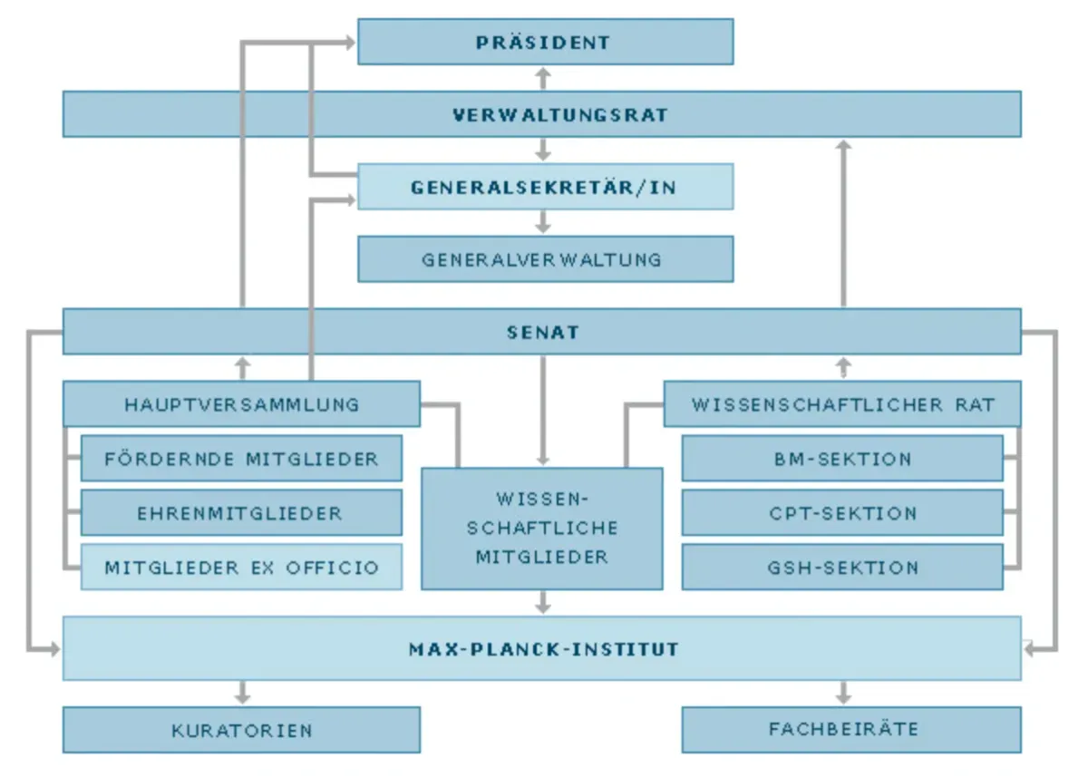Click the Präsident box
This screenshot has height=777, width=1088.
coord(545,42)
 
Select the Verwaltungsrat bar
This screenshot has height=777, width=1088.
coord(541,114)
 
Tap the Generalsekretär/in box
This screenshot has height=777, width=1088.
coord(545,187)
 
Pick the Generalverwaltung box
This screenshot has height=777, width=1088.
coord(545,259)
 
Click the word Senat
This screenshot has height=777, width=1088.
coord(542,332)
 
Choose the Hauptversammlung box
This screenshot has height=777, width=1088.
coord(241,404)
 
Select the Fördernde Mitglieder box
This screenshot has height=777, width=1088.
coord(241,459)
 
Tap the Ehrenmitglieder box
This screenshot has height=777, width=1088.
coord(241,513)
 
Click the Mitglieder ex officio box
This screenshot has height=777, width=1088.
coord(241,568)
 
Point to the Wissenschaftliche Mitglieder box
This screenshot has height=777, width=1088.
coord(542,528)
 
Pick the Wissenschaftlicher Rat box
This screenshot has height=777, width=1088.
coord(842,404)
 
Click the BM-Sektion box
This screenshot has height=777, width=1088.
coord(842,459)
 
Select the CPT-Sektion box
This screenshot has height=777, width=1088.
coord(842,513)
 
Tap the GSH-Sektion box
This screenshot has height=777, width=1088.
coord(842,568)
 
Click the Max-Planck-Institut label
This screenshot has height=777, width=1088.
coord(542,649)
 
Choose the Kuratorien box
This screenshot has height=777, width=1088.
coord(241,730)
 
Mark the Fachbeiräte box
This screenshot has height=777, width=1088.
coord(842,730)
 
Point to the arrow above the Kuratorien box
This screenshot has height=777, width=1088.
coord(241,693)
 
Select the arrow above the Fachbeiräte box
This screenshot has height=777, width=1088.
coord(843,693)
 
